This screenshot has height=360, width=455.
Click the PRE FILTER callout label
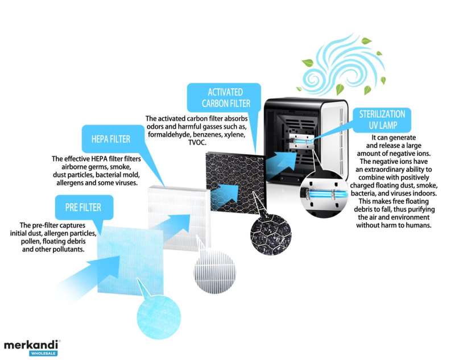[83, 207]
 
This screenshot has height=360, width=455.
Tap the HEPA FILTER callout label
[111, 139]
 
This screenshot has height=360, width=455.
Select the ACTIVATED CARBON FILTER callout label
[225, 98]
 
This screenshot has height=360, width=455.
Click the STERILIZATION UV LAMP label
[382, 119]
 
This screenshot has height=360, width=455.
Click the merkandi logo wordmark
[31, 345]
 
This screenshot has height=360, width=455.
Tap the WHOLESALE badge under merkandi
[43, 353]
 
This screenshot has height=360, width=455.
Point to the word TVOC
[197, 142]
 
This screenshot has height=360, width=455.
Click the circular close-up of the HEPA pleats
[215, 272]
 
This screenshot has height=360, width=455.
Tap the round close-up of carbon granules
[271, 235]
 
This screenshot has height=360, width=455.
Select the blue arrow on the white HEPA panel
[172, 226]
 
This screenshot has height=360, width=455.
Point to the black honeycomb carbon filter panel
[235, 183]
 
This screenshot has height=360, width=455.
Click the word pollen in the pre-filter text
[31, 241]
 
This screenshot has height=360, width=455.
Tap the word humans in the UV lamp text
[417, 225]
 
